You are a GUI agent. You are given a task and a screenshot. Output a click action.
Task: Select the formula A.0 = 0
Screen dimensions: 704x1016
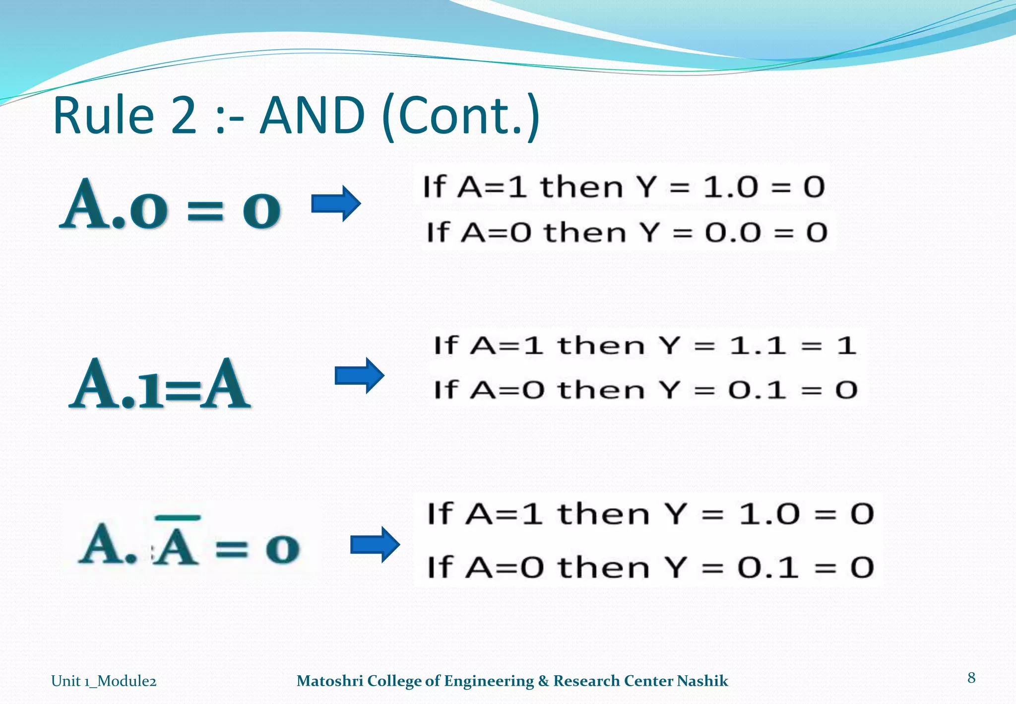click(170, 205)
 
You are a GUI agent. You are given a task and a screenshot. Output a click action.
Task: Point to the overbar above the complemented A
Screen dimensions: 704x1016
click(178, 518)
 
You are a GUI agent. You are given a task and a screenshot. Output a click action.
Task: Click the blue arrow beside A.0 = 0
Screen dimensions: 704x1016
click(336, 204)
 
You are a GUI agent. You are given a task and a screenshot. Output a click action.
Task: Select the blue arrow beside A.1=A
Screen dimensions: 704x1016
click(360, 375)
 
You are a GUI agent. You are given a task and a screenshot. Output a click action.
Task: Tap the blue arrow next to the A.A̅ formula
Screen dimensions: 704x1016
click(375, 545)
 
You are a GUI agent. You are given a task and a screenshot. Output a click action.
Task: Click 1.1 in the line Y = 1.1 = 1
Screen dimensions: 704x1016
click(758, 345)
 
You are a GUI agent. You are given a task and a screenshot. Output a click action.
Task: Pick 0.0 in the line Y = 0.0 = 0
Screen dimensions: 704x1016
click(733, 232)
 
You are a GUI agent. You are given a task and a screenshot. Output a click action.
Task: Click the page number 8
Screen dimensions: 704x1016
click(971, 678)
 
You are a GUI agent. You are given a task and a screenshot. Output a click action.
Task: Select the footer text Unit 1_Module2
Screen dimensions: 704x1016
click(104, 681)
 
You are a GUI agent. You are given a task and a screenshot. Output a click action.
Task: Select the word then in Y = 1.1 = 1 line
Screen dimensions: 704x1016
click(600, 346)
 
